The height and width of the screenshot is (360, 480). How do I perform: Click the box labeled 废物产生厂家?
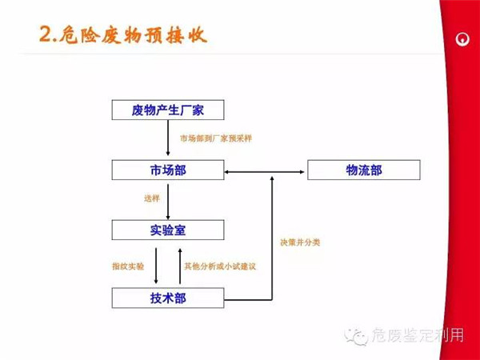(x=168, y=110)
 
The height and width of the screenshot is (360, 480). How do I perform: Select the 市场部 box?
(x=168, y=170)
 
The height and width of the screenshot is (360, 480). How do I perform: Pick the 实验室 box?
(x=168, y=231)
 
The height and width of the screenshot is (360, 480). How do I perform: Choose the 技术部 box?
(x=168, y=299)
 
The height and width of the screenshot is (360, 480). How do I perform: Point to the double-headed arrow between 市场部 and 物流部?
(x=266, y=170)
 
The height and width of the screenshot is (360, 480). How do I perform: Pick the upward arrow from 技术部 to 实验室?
(x=180, y=265)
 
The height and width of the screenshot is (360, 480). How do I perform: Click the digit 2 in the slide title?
(x=45, y=34)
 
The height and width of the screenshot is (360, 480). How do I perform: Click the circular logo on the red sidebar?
(x=461, y=39)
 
